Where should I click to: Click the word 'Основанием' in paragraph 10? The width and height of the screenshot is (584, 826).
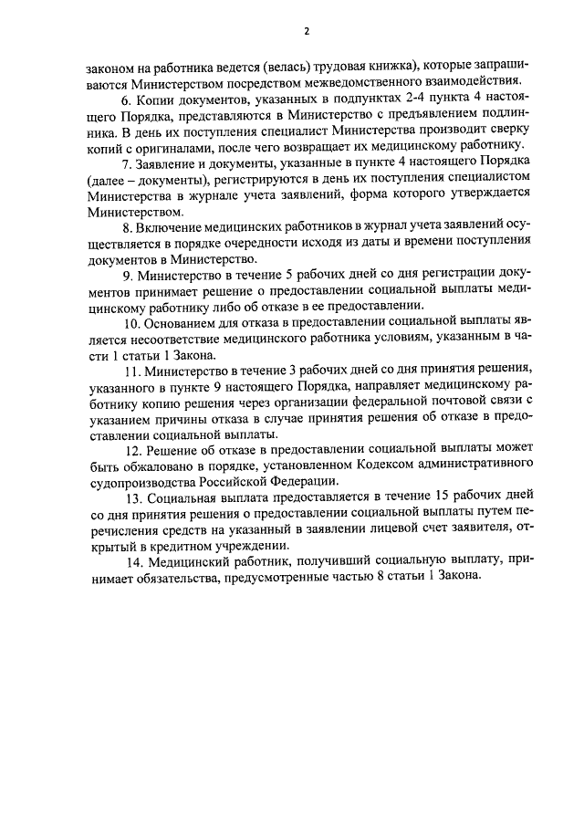pos(178,322)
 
